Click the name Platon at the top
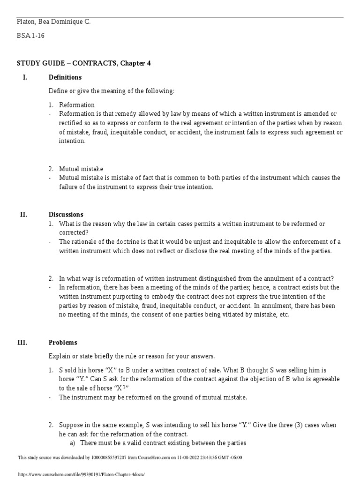(x=26, y=22)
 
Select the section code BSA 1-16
(x=30, y=36)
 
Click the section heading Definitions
(x=65, y=77)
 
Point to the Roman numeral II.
(x=23, y=214)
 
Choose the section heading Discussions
(x=66, y=214)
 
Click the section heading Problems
(x=63, y=342)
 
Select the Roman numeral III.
(x=23, y=342)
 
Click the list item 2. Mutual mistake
(x=81, y=169)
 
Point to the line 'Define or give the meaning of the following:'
(x=111, y=90)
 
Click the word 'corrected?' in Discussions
(x=74, y=232)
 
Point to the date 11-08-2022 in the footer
(x=186, y=457)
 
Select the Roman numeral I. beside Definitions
(x=24, y=77)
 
